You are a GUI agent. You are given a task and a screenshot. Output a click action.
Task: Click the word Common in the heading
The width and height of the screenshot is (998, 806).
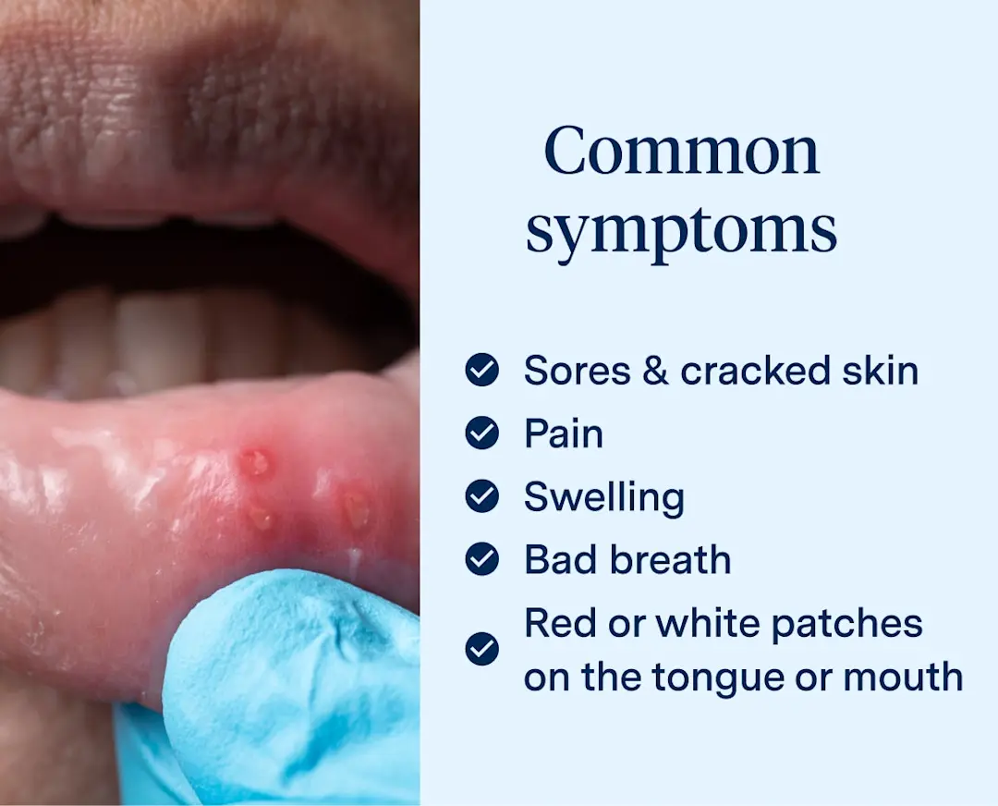pos(681,151)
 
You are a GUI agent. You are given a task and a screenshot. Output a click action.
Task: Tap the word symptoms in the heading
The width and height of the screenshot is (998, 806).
pos(681,231)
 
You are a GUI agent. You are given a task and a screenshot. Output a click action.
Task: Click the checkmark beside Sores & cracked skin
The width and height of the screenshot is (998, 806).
pos(481,371)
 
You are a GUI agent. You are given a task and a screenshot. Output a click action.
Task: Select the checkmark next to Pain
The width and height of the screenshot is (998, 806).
pos(481,433)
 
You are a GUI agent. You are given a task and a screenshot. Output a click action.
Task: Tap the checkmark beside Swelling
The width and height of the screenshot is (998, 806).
pos(481,496)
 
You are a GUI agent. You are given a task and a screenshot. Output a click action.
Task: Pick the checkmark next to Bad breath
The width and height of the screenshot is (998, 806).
pos(481,559)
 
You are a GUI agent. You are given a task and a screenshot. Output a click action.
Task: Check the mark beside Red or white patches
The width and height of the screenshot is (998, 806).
pos(481,649)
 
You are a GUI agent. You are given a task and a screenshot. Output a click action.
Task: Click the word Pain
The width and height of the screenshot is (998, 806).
pos(564,434)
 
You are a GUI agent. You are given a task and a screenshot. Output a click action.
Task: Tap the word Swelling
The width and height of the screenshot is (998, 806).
pos(604,497)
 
